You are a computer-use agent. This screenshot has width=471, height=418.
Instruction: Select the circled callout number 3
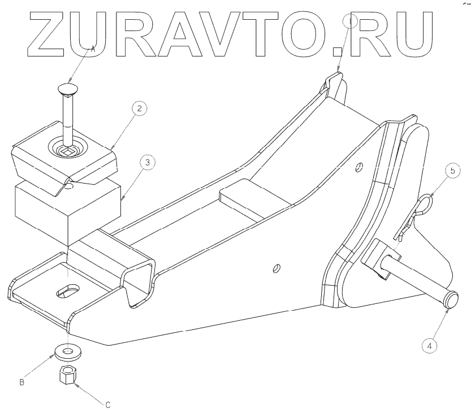coord(146,163)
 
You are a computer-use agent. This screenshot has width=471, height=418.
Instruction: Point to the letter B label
coord(21,382)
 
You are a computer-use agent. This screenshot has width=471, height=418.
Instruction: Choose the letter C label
coord(107,404)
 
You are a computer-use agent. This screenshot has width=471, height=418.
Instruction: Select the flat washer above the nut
coord(67,353)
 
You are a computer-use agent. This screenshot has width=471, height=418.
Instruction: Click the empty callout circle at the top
coord(351,22)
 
